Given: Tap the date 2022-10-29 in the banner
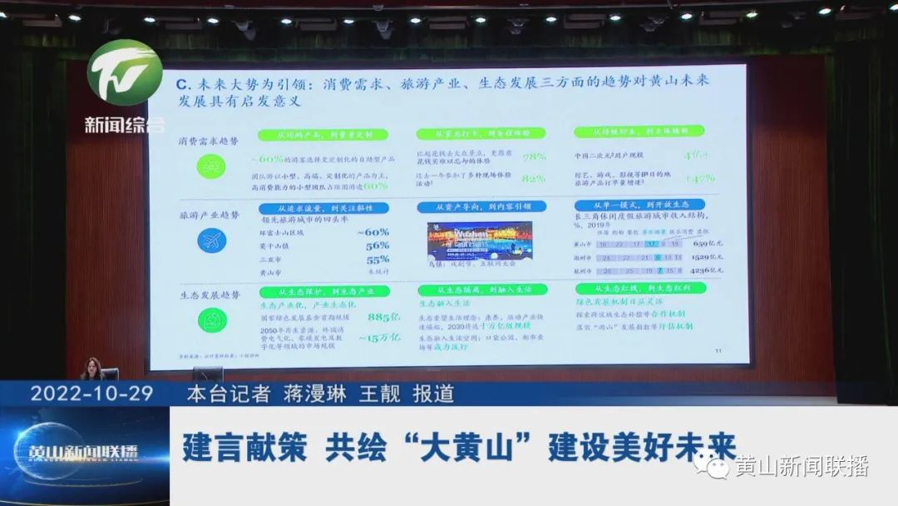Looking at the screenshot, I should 91,394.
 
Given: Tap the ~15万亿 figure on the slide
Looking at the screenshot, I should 379,338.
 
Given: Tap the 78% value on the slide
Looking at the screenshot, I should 533,156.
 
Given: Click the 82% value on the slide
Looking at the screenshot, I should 533,177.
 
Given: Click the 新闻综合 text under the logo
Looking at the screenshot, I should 125,125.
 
